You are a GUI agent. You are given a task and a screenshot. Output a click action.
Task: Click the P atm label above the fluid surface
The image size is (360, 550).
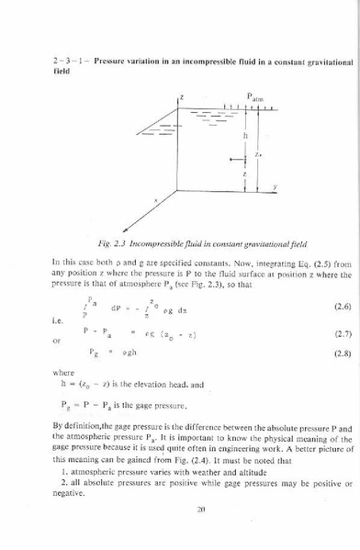pyautogui.click(x=255, y=97)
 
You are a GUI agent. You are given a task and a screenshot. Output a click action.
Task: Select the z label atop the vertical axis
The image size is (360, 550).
pyautogui.click(x=182, y=95)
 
